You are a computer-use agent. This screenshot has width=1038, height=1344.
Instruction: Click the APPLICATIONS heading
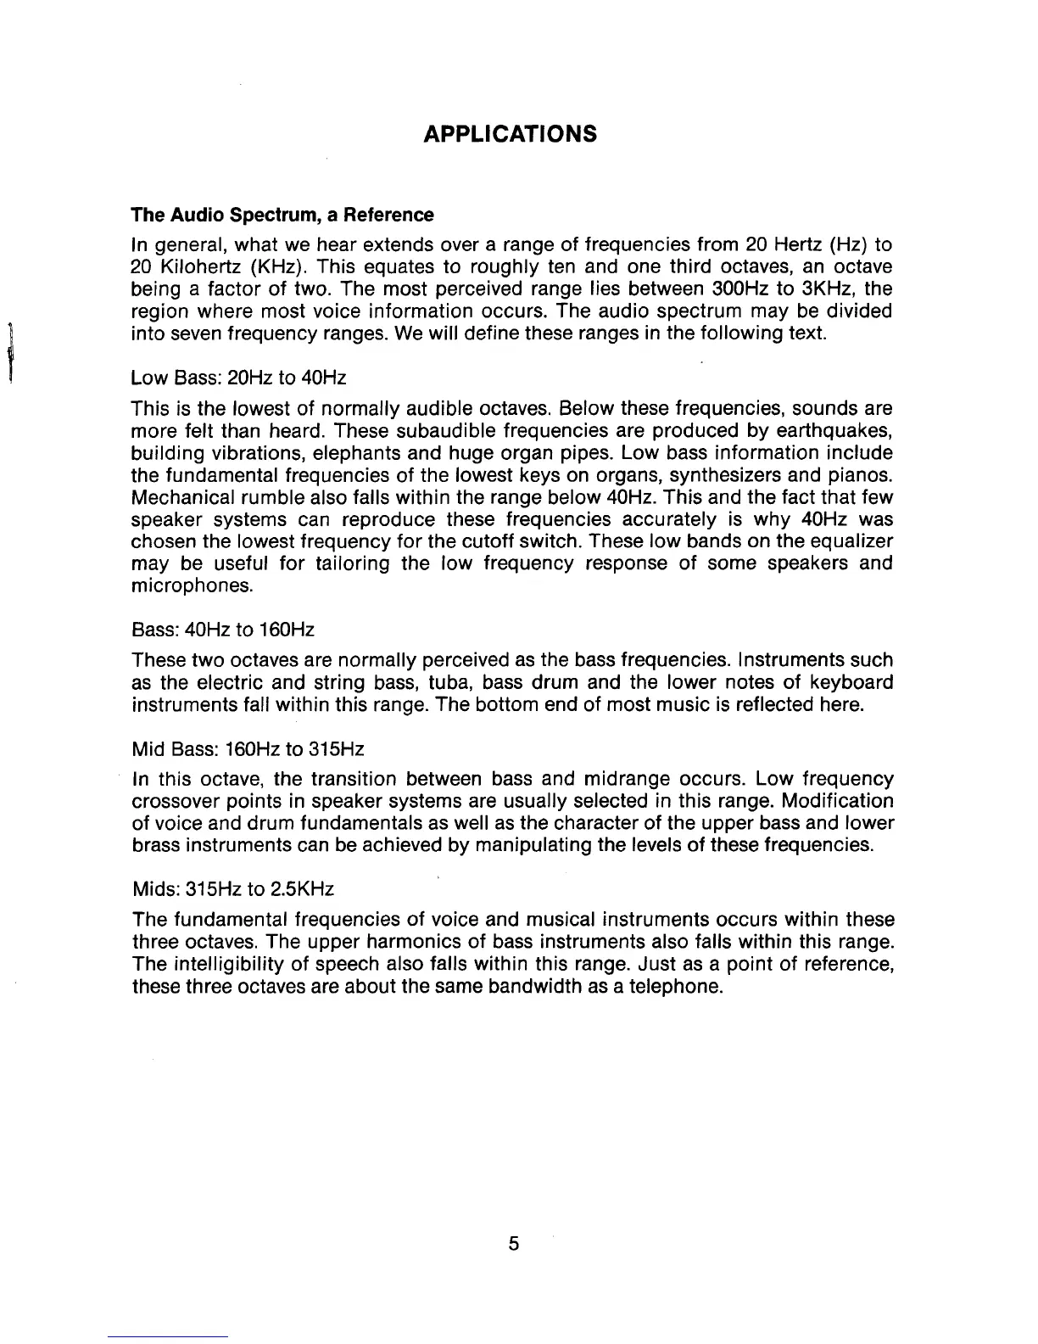[x=510, y=134]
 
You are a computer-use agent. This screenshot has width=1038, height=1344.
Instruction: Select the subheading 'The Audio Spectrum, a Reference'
[x=282, y=215]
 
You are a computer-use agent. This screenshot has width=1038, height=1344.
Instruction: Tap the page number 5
[x=513, y=1244]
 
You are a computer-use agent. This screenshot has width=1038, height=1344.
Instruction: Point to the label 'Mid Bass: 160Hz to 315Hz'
[x=248, y=749]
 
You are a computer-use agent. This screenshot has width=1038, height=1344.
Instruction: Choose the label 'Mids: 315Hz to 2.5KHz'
[x=233, y=889]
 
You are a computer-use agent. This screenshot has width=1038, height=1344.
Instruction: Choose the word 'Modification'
[x=838, y=802]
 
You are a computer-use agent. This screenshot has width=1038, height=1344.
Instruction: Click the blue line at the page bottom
[x=168, y=1336]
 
